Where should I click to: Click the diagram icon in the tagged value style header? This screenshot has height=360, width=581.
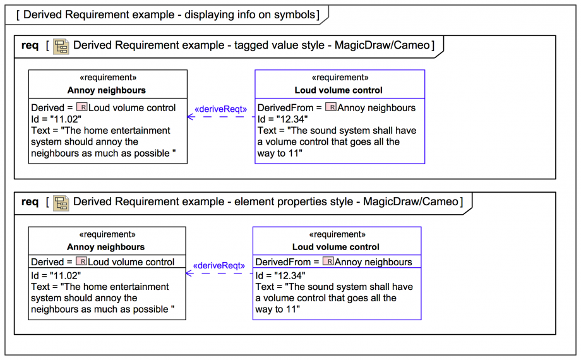(x=61, y=45)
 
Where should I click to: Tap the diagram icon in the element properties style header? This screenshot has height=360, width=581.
(x=61, y=202)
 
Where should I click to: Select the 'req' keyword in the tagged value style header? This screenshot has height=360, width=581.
(x=30, y=45)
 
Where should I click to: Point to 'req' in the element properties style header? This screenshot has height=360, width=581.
(x=30, y=202)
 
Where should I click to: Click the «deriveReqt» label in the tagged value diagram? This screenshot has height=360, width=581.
(x=220, y=109)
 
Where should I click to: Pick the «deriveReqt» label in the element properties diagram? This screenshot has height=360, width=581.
(x=219, y=266)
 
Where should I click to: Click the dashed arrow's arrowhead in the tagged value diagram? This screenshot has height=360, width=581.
(x=189, y=117)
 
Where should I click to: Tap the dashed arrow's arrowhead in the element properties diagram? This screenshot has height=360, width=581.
(x=188, y=273)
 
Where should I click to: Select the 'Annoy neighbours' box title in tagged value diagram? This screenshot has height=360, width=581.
(x=107, y=90)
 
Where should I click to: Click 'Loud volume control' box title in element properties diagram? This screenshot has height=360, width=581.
(x=336, y=247)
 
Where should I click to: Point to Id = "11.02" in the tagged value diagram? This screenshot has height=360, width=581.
(x=56, y=119)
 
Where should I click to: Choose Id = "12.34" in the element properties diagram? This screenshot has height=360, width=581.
(x=280, y=275)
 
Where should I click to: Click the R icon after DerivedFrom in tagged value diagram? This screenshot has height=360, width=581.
(x=330, y=107)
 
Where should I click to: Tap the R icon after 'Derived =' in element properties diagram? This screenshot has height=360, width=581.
(x=81, y=261)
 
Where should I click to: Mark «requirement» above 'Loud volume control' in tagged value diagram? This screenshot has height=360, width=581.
(x=339, y=78)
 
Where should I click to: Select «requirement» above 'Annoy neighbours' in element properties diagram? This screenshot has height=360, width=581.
(x=107, y=235)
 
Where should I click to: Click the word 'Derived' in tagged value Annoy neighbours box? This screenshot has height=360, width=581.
(x=47, y=108)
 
